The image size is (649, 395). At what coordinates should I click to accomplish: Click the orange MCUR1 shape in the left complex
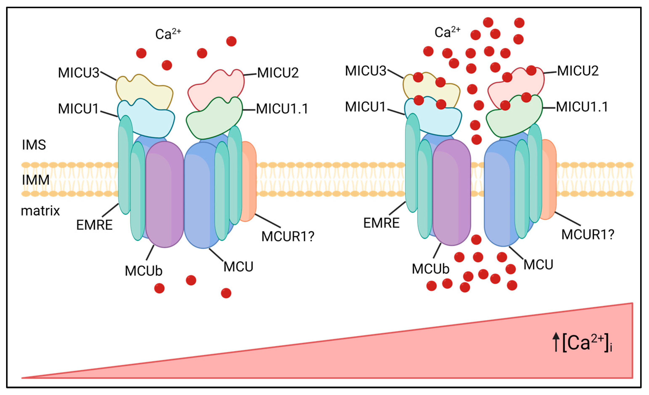tap(249, 182)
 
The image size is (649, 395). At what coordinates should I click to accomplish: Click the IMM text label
tap(36, 180)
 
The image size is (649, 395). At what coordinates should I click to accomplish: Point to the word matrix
tap(40, 211)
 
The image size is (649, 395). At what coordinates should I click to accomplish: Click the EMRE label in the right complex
tap(381, 223)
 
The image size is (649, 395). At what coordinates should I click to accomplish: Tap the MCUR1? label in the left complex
tap(288, 236)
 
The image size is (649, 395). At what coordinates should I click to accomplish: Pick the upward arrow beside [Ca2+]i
tap(556, 342)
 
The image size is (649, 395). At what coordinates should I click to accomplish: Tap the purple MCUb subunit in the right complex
tap(452, 192)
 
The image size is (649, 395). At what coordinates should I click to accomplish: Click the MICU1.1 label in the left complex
tap(282, 109)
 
